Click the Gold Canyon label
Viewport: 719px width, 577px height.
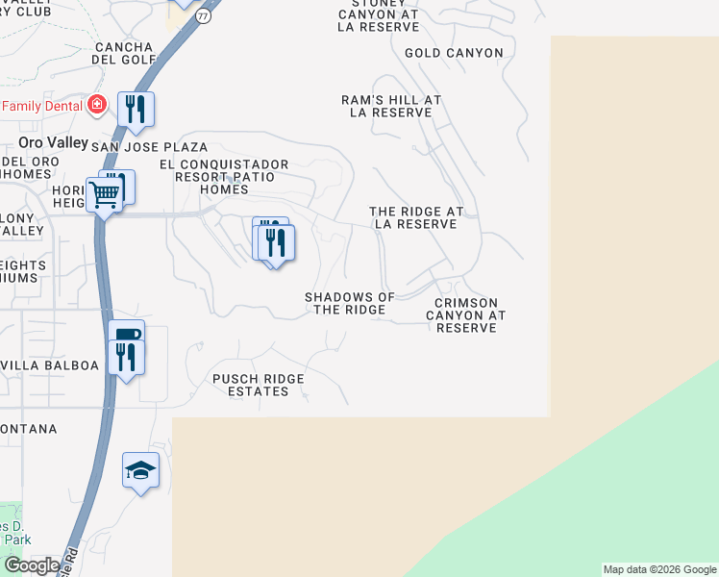point(454,53)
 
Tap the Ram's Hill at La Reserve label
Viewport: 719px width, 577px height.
point(391,106)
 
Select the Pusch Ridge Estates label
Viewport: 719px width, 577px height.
point(258,385)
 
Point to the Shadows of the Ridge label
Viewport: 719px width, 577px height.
point(350,303)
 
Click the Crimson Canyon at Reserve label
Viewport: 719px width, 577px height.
point(465,315)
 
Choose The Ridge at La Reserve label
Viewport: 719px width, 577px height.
point(416,217)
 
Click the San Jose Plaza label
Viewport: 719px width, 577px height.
point(149,147)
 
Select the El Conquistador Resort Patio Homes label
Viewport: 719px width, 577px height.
point(224,176)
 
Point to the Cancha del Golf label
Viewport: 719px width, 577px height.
point(123,53)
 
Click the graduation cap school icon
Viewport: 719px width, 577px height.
point(140,470)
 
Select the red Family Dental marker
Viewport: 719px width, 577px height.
point(96,105)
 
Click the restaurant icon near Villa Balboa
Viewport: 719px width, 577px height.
point(126,357)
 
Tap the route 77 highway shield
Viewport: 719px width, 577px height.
point(203,16)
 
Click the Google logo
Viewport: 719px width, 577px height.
point(32,565)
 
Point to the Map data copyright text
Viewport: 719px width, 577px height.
point(659,569)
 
